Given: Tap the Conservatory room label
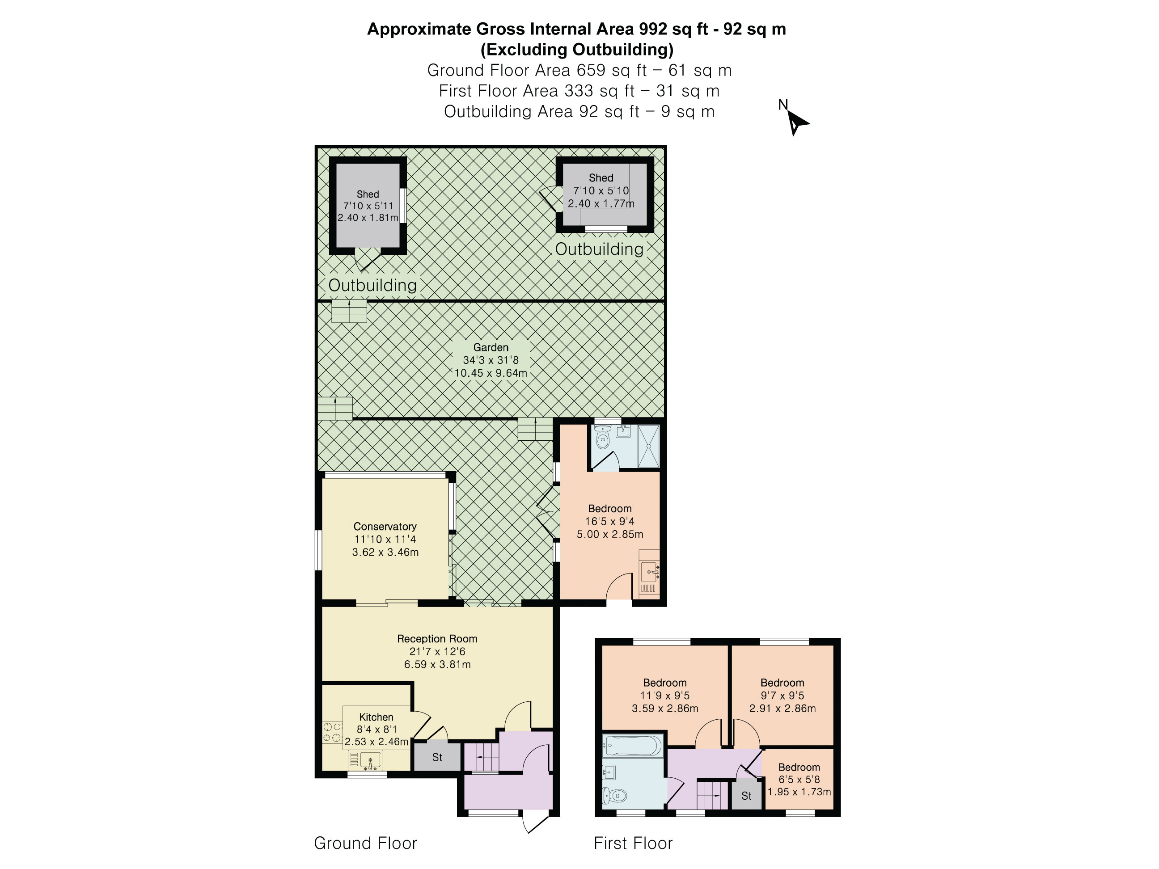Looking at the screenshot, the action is [x=385, y=527].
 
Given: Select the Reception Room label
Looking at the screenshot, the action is [x=437, y=638].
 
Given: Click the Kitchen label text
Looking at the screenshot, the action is [x=376, y=717].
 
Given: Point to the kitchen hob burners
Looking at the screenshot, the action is [x=332, y=732].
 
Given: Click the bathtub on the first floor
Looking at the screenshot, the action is [x=632, y=745].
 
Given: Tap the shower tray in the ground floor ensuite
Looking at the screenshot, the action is [x=648, y=446].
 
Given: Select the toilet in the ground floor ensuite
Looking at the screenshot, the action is [x=603, y=437].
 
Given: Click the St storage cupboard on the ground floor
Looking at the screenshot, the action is [x=437, y=756].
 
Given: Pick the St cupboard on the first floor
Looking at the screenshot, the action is [x=746, y=795].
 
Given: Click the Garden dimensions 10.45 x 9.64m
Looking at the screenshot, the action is [x=491, y=373].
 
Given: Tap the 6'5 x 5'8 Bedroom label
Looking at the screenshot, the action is [x=799, y=780].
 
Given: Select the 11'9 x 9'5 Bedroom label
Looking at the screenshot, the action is [x=665, y=696].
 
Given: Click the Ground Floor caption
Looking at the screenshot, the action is [x=365, y=843].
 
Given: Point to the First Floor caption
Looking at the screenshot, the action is [x=633, y=843].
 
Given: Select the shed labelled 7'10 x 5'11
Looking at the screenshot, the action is [x=368, y=205].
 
